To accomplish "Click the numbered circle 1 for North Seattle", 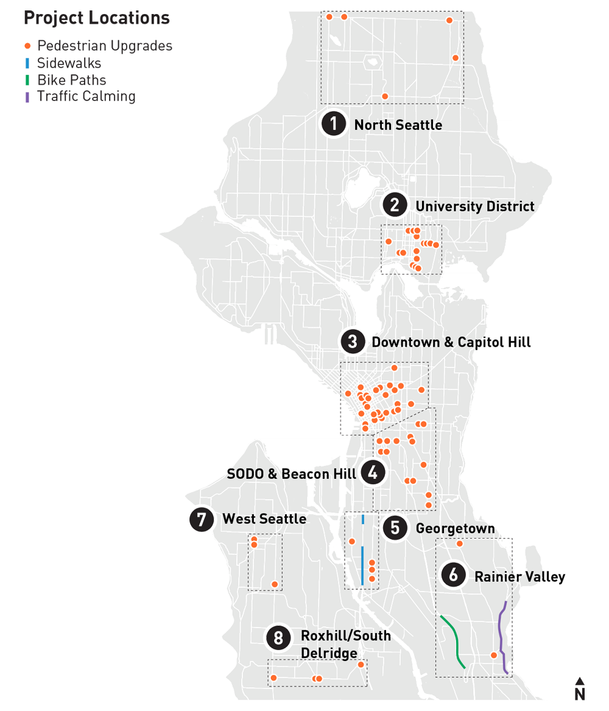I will [333, 124].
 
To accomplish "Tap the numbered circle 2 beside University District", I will [395, 205].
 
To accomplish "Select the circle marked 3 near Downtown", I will [352, 342].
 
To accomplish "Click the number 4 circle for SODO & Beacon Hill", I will [373, 473].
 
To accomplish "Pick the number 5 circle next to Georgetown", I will [395, 528].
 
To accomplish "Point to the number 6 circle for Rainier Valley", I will [453, 576].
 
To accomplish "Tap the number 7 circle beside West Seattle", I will [201, 519].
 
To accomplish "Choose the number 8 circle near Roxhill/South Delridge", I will [279, 638].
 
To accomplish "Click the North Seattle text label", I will [398, 125].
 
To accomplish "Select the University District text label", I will [475, 206].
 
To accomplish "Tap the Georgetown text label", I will [455, 528].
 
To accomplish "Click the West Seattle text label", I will [264, 519].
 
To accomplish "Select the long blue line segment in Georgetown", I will [362, 565].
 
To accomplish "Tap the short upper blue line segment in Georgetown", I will [363, 519].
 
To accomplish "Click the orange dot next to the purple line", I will [493, 656].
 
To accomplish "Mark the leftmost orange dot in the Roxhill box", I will [273, 677].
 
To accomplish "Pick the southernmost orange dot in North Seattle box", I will [384, 96].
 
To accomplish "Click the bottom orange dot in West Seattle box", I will [275, 584].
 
